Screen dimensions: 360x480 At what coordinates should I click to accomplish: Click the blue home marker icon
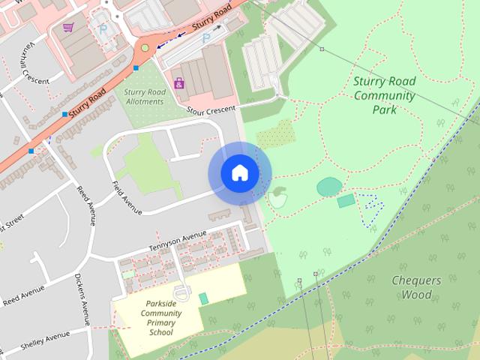point(239,173)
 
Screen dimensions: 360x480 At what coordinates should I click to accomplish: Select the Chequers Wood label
point(412,287)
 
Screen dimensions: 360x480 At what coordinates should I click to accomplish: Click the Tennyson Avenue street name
point(177,241)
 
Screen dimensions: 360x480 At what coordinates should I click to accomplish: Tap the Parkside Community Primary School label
point(160,317)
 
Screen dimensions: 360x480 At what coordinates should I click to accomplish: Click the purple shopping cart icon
point(68,27)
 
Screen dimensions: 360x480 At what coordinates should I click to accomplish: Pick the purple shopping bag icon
point(179,82)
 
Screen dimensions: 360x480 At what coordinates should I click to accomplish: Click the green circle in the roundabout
point(145,48)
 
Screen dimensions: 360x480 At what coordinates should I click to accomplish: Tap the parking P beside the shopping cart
point(103,29)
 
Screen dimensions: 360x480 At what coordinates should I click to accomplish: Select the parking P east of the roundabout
point(205,37)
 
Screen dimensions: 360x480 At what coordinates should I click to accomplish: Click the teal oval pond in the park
point(328,185)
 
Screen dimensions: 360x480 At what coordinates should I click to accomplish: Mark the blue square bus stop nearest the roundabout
point(136,68)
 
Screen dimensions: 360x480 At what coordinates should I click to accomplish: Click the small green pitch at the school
point(203,298)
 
